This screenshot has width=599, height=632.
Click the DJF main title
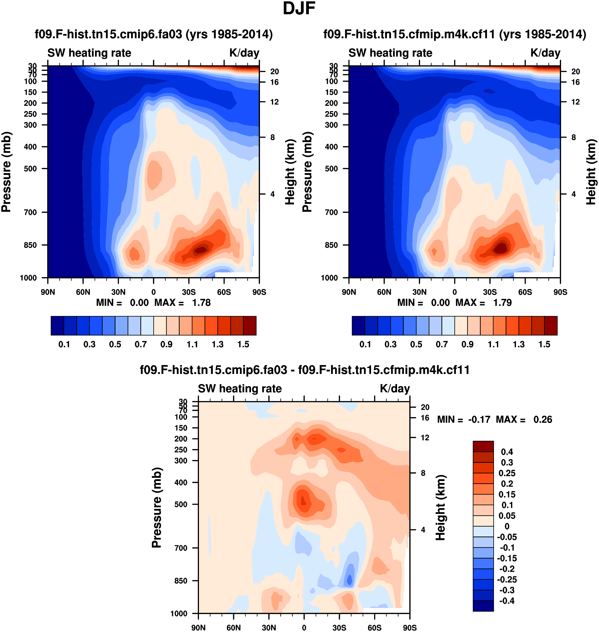click(x=299, y=8)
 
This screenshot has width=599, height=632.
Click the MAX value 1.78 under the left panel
click(x=201, y=303)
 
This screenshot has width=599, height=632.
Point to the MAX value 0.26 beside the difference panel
click(x=542, y=419)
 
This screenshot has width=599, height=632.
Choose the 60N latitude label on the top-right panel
click(x=384, y=292)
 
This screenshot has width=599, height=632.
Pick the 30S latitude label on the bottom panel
click(x=339, y=627)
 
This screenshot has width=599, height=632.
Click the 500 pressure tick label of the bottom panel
click(x=181, y=504)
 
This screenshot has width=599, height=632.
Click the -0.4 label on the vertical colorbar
click(x=507, y=601)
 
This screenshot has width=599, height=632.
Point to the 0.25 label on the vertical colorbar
click(x=507, y=473)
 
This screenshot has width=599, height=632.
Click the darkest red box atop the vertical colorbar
click(x=483, y=446)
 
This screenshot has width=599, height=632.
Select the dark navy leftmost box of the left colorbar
click(x=58, y=326)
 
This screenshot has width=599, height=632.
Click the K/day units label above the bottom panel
click(x=395, y=389)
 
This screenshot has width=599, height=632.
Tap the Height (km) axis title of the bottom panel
click(x=441, y=508)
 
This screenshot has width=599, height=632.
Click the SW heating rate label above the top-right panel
click(x=390, y=53)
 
